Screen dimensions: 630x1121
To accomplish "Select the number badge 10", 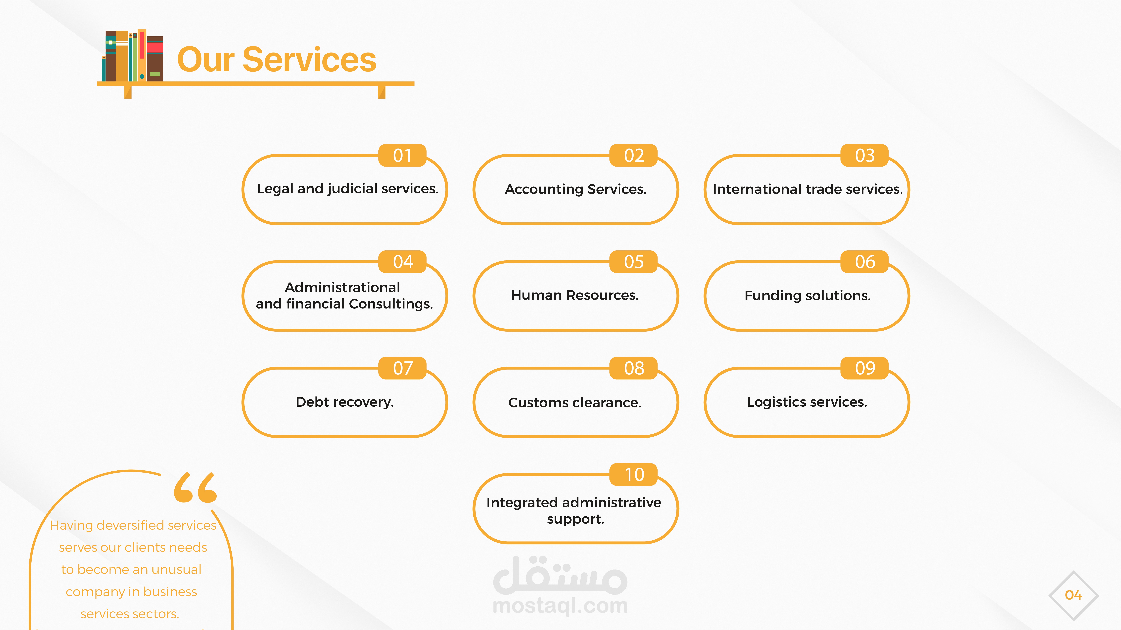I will tap(634, 474).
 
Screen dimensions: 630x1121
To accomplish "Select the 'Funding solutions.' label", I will tap(807, 296).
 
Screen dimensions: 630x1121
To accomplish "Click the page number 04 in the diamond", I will tap(1073, 595).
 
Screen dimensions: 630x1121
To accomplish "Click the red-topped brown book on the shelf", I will tap(155, 59).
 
